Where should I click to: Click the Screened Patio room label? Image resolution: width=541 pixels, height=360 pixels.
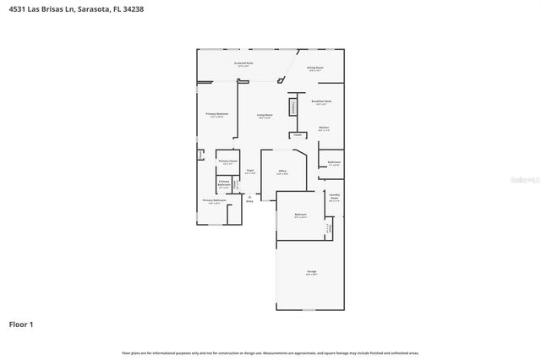tap(243, 64)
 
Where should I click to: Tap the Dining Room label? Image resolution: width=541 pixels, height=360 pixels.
tap(315, 68)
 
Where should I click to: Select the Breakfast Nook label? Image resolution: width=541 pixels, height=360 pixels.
tap(321, 101)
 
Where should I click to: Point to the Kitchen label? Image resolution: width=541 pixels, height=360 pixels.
tap(324, 128)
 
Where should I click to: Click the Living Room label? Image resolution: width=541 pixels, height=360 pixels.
tap(265, 115)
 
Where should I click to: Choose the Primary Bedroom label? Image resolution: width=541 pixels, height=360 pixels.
tap(217, 114)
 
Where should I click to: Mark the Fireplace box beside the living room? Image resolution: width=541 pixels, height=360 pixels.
tap(293, 107)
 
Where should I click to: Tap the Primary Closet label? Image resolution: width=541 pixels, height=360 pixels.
tap(227, 161)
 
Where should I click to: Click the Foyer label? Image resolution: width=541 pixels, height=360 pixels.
tap(249, 172)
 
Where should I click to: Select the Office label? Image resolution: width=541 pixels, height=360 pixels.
tap(282, 172)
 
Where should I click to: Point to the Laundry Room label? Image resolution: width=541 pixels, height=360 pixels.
tap(334, 196)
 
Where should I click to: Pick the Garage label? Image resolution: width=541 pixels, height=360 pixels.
tap(311, 272)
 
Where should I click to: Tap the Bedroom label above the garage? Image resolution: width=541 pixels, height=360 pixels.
tap(300, 215)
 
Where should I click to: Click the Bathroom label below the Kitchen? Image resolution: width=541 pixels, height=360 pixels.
tap(334, 162)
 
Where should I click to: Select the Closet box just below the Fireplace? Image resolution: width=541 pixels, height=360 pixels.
tap(298, 134)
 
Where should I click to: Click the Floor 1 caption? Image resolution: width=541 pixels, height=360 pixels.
tap(21, 324)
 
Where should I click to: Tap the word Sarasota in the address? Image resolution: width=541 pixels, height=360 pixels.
tap(85, 8)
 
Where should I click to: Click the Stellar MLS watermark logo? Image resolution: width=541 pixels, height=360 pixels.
tap(522, 180)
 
